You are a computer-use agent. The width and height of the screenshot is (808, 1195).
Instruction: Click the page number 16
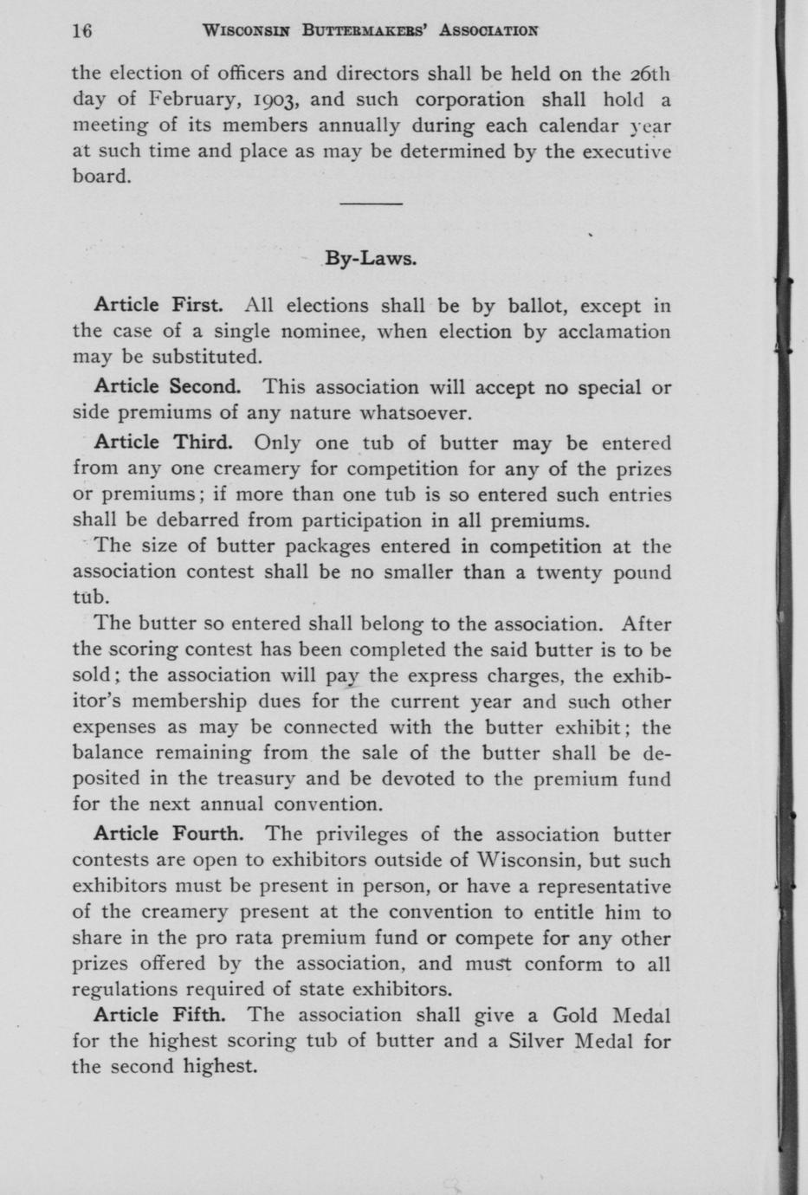coord(81,31)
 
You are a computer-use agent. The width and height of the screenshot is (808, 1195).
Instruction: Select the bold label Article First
coord(159,305)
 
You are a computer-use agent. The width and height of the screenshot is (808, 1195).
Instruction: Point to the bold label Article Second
coord(166,386)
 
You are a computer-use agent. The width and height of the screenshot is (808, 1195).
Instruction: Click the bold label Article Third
coord(163,442)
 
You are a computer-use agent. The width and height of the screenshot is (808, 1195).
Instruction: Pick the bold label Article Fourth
coord(168,834)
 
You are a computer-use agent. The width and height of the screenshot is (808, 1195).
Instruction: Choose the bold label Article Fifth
coord(162,1014)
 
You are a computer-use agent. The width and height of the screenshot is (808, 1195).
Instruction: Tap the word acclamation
coord(610,332)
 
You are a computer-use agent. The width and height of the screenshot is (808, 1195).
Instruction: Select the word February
coord(189,100)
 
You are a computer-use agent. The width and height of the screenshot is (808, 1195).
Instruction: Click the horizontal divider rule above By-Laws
coord(371,203)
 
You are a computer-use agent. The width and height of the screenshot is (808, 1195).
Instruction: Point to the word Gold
coord(575,1015)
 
